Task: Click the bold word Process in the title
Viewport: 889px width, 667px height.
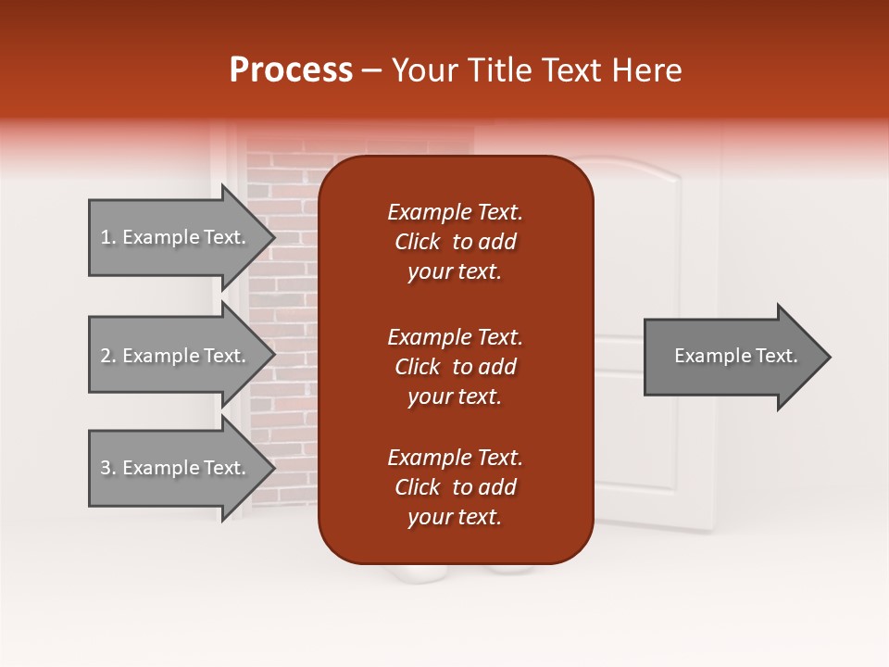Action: pos(291,70)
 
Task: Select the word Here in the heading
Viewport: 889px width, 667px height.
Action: pos(647,70)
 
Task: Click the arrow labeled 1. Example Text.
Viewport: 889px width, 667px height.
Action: pos(176,237)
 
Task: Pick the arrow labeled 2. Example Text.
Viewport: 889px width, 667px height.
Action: pos(176,356)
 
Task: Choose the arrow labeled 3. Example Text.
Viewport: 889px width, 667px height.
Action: pos(176,468)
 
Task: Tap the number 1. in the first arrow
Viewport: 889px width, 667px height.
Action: pos(107,237)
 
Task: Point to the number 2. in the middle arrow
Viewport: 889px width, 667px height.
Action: pos(107,356)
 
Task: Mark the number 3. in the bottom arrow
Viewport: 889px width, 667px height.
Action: pos(107,468)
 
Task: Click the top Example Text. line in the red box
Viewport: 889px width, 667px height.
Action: pos(455,212)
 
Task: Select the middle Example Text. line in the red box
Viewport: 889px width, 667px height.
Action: pos(455,337)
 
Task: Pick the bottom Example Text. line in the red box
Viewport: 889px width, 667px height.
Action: pos(455,458)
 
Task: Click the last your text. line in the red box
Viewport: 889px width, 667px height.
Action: pos(455,518)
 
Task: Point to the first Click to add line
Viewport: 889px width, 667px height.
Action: pos(455,242)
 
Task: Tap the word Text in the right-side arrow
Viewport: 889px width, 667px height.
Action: pos(775,356)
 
